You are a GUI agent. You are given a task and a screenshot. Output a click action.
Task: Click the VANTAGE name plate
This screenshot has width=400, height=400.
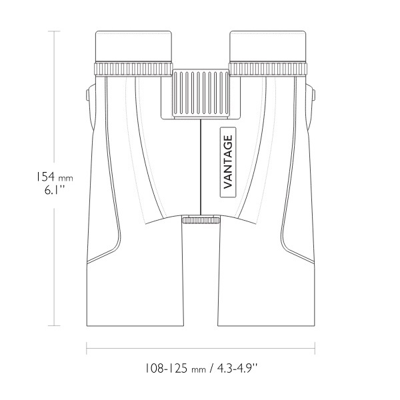click(228, 162)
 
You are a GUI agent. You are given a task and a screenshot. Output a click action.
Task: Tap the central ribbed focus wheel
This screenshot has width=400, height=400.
click(201, 93)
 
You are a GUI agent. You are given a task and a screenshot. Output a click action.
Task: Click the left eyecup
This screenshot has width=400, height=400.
click(133, 46)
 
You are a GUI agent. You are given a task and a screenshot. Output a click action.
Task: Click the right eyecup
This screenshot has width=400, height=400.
click(268, 46)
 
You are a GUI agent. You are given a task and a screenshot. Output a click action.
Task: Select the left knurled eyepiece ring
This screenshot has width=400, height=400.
click(133, 69)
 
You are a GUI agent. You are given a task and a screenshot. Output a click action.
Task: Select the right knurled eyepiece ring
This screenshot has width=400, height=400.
click(268, 69)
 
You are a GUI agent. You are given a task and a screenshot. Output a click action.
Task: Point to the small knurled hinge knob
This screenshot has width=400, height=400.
click(201, 220)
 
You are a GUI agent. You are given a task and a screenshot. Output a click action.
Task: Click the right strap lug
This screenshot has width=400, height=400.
click(313, 95)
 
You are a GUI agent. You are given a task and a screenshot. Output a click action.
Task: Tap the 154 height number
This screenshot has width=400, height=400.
click(45, 176)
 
